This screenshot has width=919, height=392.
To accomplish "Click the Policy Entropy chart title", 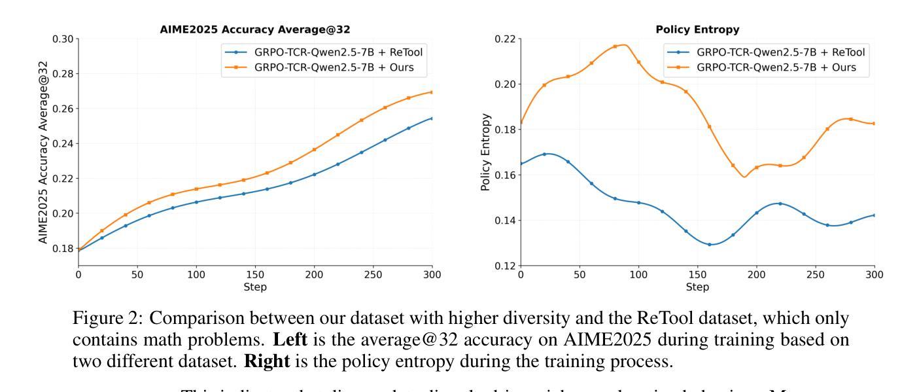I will pos(697,29).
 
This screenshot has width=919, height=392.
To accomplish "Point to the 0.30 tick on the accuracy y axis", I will pos(64,39).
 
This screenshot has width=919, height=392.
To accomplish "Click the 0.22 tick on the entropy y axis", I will pos(506,39).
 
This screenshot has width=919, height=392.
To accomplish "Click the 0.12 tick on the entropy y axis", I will pos(506,266).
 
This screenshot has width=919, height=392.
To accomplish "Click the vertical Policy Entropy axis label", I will pos(486,152).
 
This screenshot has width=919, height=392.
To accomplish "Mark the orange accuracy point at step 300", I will pos(432,92).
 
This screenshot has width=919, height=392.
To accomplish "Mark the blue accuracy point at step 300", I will pos(432,118).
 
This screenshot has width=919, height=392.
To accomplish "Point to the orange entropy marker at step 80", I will pos(615,46).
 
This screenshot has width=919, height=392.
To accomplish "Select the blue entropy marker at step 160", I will pos(709,245).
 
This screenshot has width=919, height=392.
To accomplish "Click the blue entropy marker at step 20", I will pos(544,154).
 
